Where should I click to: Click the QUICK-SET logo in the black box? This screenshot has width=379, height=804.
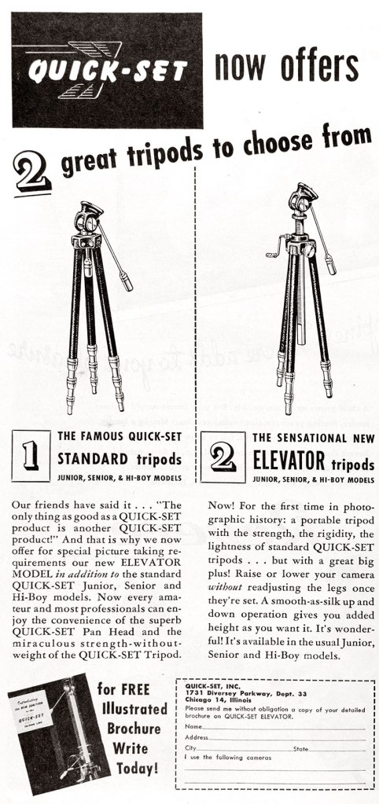coord(108,72)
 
